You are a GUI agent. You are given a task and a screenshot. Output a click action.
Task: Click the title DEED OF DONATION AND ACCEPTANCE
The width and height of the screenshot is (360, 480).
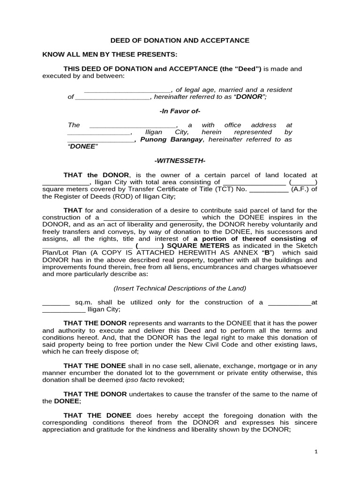180,41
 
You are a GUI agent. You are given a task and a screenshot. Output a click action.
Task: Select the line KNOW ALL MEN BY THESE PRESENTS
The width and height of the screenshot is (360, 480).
110,54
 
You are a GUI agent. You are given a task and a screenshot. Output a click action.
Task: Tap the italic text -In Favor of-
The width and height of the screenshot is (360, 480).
180,111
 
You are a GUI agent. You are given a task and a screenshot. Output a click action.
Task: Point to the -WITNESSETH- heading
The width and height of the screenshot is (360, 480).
180,161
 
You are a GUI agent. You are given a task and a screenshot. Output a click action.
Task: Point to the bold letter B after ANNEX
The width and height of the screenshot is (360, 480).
267,253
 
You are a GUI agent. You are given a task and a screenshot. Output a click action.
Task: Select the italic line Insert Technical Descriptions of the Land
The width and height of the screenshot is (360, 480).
180,288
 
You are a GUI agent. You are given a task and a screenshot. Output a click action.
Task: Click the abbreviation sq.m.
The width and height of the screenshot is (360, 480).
84,302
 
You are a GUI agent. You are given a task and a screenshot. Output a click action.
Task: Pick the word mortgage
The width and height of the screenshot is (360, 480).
267,366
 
